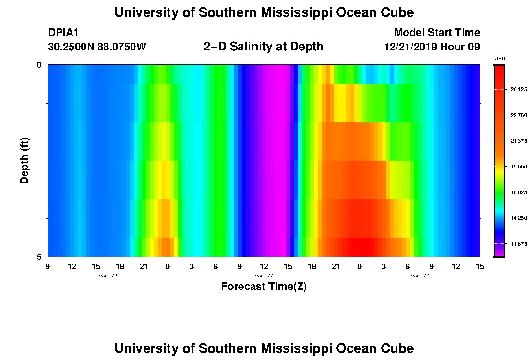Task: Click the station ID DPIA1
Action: (63, 33)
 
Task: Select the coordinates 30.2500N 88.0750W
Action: (97, 47)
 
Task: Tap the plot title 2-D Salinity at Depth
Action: (264, 47)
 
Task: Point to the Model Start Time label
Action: (436, 33)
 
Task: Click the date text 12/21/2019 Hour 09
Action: (432, 47)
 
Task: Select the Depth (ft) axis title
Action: (25, 160)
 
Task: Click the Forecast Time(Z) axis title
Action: (264, 287)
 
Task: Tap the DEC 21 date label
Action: (108, 276)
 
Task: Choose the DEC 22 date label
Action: (264, 276)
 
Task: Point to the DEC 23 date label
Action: (420, 276)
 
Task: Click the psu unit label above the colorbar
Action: (500, 58)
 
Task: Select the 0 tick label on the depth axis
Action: (39, 65)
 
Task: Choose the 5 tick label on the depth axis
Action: (39, 257)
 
